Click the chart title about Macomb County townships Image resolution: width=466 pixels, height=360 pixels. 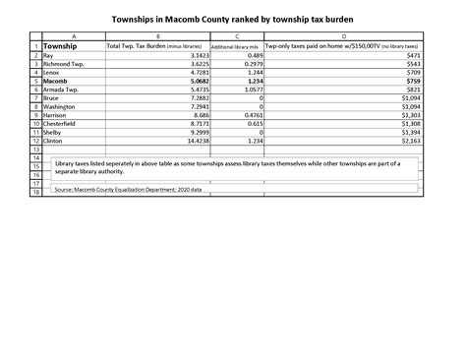pos(233,19)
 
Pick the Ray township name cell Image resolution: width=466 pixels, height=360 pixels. pos(48,57)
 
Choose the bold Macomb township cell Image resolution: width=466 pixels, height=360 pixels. pos(55,82)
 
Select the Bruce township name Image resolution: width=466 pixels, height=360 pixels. pos(51,98)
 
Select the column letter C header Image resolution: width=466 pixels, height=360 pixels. pos(237,36)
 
